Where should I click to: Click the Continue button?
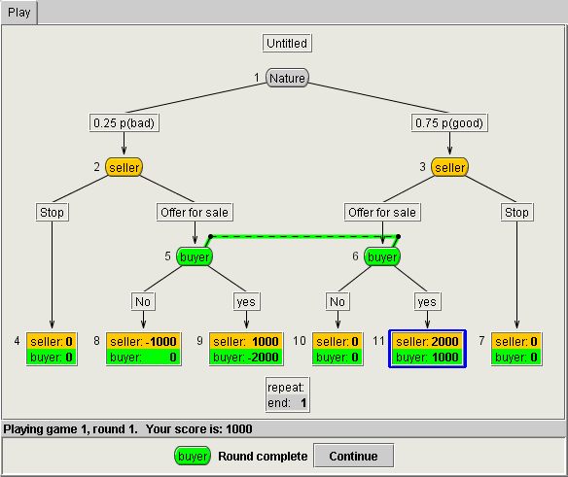click(353, 456)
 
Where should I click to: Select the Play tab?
click(18, 13)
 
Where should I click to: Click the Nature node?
click(287, 78)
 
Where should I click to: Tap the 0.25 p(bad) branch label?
click(124, 122)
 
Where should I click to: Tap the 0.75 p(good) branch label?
click(449, 122)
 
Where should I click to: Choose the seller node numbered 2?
click(124, 167)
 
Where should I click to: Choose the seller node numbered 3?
click(449, 167)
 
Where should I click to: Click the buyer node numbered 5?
click(195, 256)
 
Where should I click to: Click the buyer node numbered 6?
click(382, 256)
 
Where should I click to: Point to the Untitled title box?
click(287, 43)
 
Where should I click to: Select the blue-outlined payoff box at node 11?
click(427, 349)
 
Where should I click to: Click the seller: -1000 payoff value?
click(143, 341)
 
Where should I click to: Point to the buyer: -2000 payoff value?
click(246, 358)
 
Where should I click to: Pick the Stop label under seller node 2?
click(52, 212)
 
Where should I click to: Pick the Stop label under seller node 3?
click(516, 212)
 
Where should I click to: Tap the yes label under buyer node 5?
click(246, 301)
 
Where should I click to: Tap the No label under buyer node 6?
click(337, 301)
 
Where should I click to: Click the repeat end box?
click(287, 394)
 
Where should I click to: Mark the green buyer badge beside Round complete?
click(193, 456)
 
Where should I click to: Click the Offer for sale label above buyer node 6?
click(382, 212)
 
